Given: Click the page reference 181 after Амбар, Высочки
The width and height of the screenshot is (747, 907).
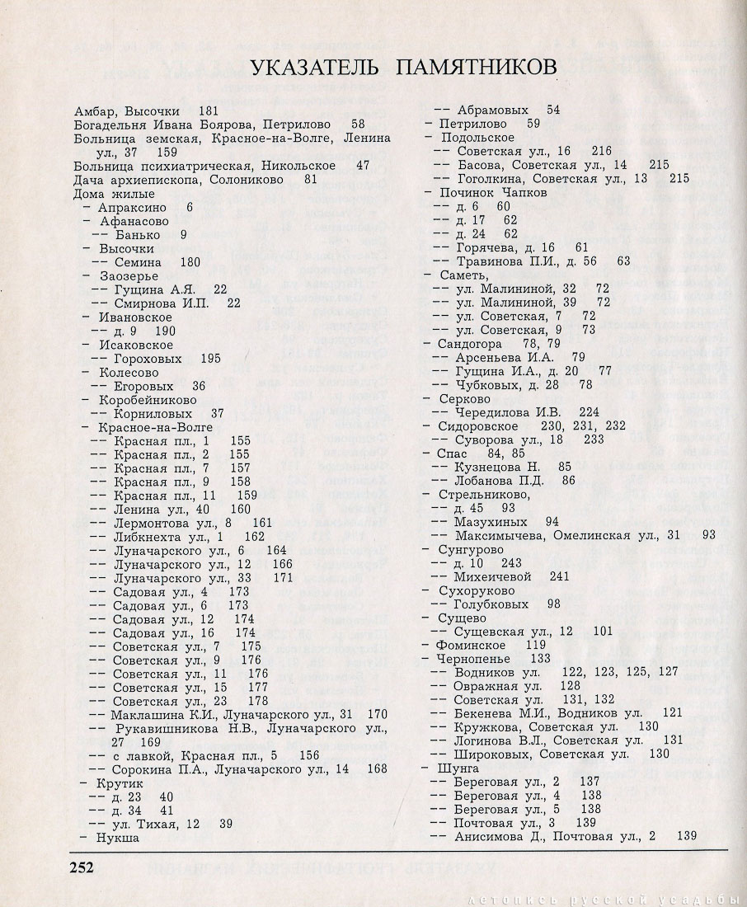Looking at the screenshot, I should pos(208,110).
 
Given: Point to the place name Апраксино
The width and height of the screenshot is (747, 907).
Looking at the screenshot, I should pos(134,207).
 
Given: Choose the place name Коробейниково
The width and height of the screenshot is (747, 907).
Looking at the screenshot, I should pos(148,400).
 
